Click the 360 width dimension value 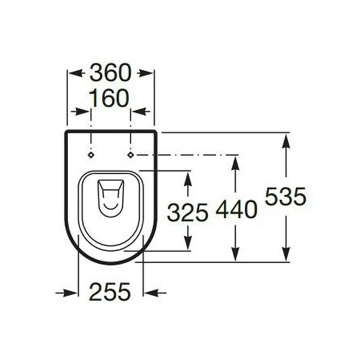110,73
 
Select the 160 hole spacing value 110,98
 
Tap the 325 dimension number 187,212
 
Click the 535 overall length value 285,196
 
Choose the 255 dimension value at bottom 110,292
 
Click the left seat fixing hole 91,155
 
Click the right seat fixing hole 131,155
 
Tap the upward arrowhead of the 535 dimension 287,141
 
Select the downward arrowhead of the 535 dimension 287,254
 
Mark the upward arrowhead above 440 236,162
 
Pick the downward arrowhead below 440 236,254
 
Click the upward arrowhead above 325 187,178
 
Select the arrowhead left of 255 71,293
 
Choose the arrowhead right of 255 151,293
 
